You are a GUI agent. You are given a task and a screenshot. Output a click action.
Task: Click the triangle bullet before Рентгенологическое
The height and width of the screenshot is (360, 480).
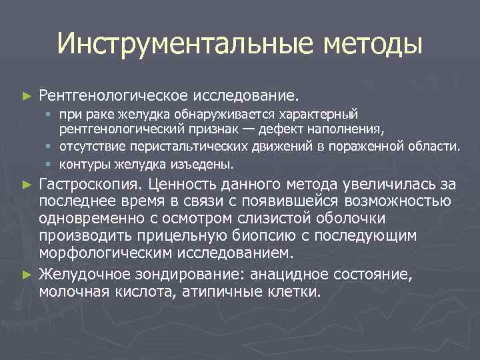(x=26, y=97)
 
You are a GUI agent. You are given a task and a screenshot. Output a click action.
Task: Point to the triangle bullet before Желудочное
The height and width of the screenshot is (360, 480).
(x=26, y=273)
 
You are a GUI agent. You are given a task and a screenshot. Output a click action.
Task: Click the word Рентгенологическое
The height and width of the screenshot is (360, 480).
(x=113, y=96)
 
